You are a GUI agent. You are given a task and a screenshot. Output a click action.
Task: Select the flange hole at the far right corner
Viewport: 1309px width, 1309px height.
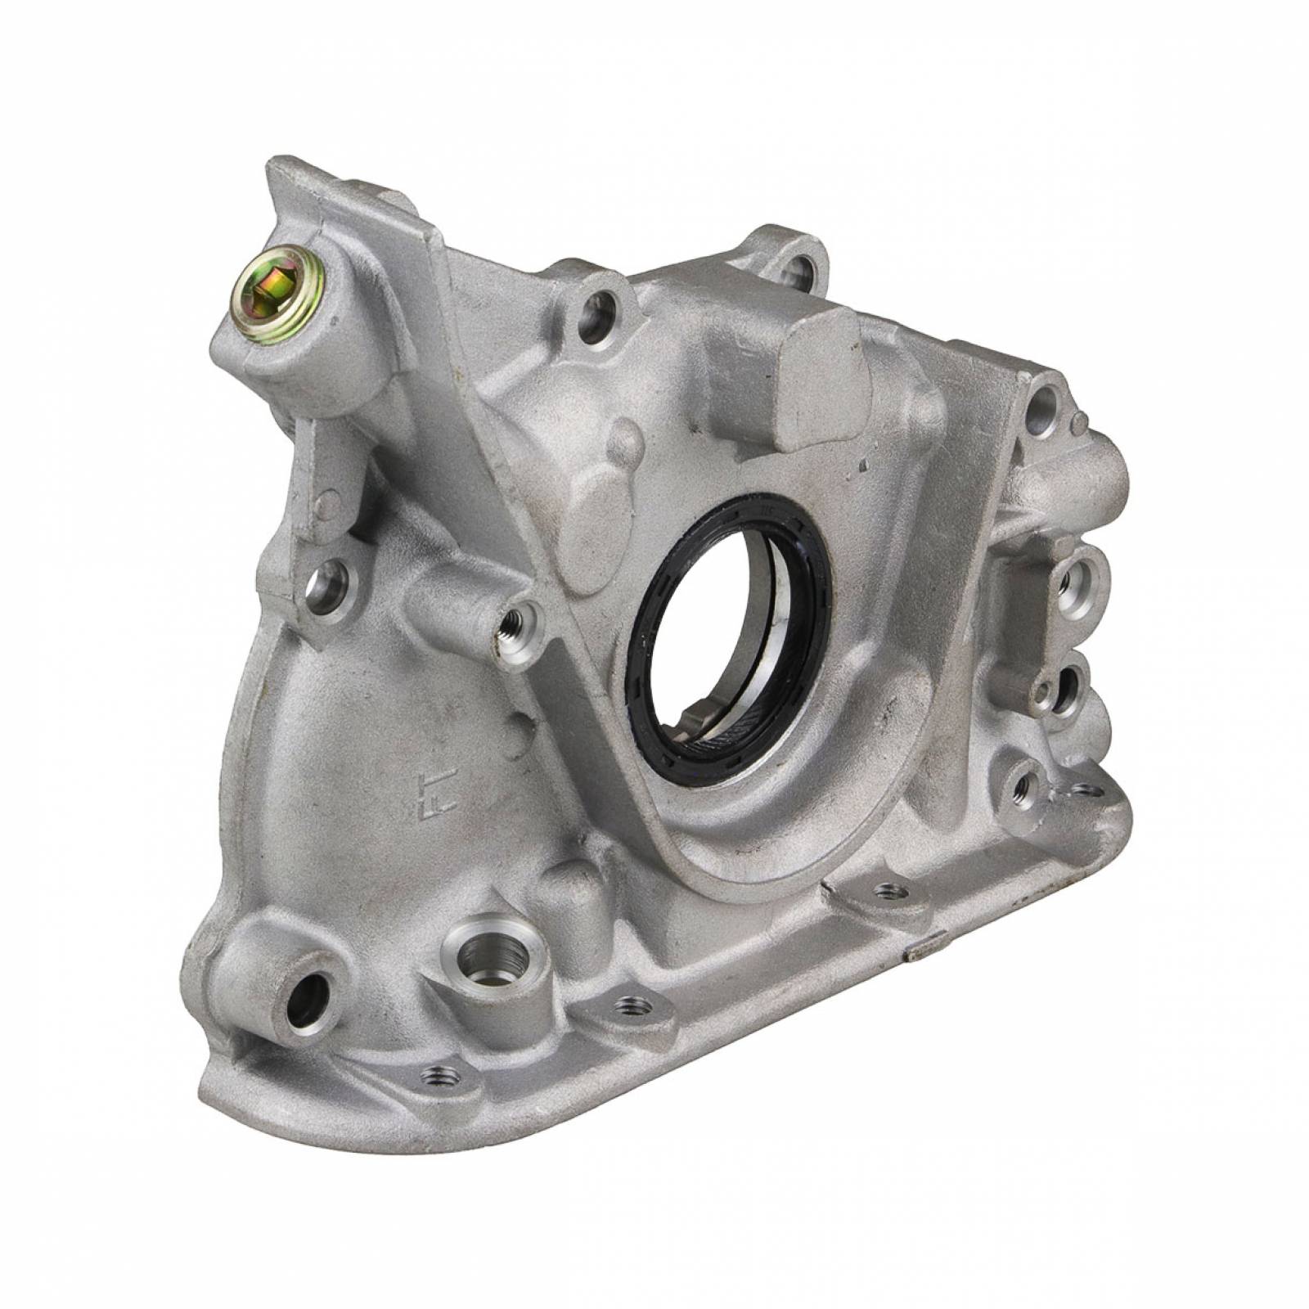tap(1085, 789)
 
